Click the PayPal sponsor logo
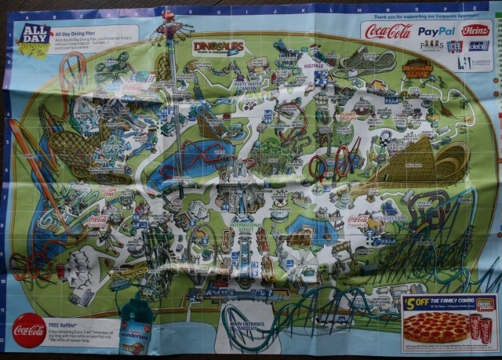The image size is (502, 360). (x=436, y=31)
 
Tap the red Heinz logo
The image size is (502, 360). (x=475, y=31)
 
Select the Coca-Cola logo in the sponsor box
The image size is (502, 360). (x=388, y=31)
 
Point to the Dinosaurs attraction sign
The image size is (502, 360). (x=217, y=48)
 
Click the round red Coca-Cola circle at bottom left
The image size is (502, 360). (x=29, y=330)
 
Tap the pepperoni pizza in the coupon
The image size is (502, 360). (x=436, y=327)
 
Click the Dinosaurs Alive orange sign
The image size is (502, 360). (x=417, y=71)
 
